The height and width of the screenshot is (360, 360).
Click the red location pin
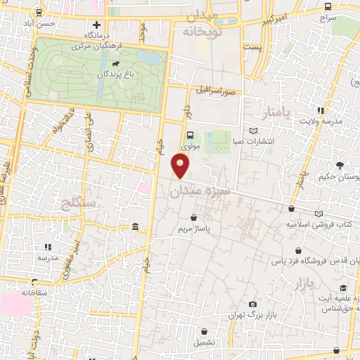pyautogui.click(x=181, y=166)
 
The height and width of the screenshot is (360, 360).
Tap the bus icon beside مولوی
pyautogui.click(x=190, y=136)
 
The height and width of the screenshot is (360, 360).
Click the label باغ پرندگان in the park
pyautogui.click(x=117, y=72)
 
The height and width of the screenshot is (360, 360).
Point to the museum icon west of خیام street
pyautogui.click(x=135, y=226)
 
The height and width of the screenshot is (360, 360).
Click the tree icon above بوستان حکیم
pyautogui.click(x=340, y=166)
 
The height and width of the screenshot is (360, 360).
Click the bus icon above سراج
pyautogui.click(x=328, y=6)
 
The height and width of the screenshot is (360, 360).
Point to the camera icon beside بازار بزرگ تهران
pyautogui.click(x=252, y=304)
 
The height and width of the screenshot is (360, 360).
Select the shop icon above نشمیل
pyautogui.click(x=204, y=331)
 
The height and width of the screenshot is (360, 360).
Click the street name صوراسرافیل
pyautogui.click(x=219, y=91)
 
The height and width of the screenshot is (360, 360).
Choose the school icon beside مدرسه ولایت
pyautogui.click(x=321, y=110)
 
